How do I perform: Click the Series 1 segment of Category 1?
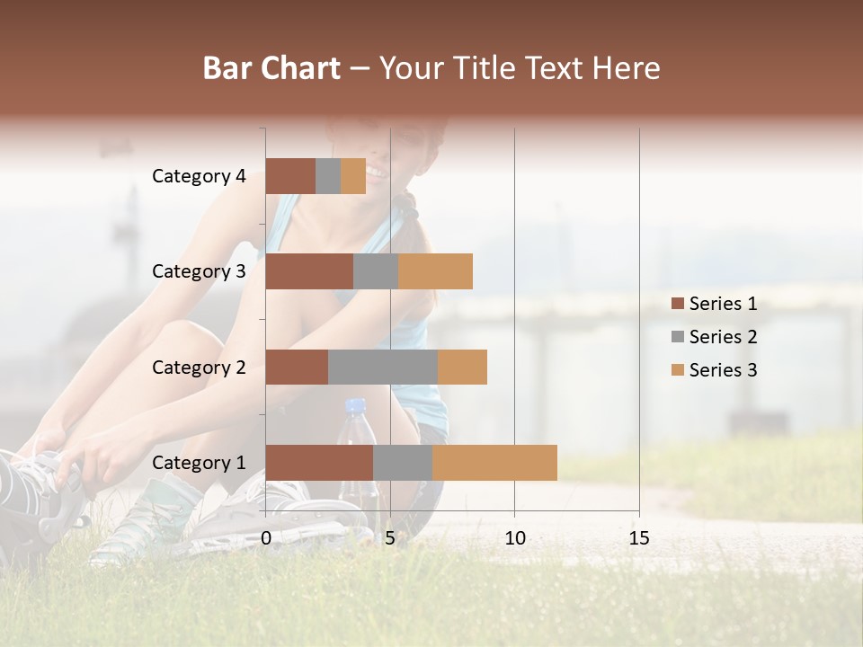pyautogui.click(x=319, y=462)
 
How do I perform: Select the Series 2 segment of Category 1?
pyautogui.click(x=403, y=462)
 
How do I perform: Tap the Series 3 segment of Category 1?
pyautogui.click(x=494, y=462)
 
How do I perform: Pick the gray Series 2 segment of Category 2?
pyautogui.click(x=383, y=367)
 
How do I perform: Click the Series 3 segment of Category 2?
pyautogui.click(x=462, y=367)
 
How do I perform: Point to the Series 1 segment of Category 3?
pyautogui.click(x=309, y=271)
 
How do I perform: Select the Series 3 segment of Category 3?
pyautogui.click(x=435, y=271)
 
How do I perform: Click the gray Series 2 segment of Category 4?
pyautogui.click(x=328, y=176)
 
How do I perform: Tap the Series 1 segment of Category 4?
pyautogui.click(x=290, y=176)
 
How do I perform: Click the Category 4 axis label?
pyautogui.click(x=199, y=176)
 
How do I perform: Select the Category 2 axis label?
pyautogui.click(x=199, y=367)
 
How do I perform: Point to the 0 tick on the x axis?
pyautogui.click(x=266, y=538)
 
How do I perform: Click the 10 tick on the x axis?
pyautogui.click(x=514, y=538)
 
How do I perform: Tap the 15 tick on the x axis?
pyautogui.click(x=638, y=538)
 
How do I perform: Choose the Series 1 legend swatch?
pyautogui.click(x=677, y=304)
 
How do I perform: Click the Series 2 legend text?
pyautogui.click(x=723, y=337)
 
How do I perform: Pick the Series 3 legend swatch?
pyautogui.click(x=677, y=370)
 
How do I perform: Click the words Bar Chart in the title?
pyautogui.click(x=271, y=68)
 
